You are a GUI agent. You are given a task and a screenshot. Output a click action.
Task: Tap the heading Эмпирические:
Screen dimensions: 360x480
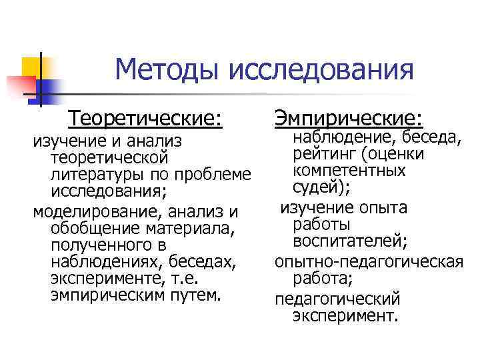click(348, 119)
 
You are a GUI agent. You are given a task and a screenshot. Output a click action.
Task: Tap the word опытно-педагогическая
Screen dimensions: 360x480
click(369, 260)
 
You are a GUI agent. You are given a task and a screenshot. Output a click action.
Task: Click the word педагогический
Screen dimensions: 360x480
click(337, 297)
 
